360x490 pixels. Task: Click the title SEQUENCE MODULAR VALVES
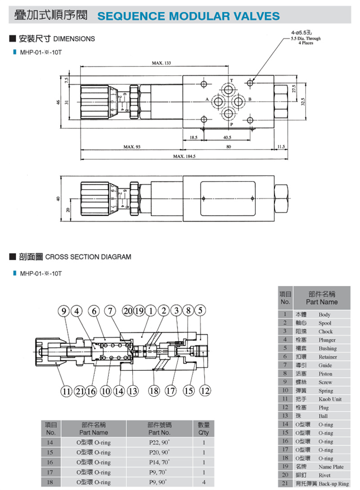pos(189,17)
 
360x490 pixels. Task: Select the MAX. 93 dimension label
pos(131,146)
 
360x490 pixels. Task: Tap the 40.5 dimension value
pos(227,137)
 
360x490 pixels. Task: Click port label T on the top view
pos(232,81)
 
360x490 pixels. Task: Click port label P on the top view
pos(232,124)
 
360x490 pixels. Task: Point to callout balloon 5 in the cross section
pos(200,310)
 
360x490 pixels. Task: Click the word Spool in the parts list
pos(325,323)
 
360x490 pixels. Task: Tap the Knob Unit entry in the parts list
pos(330,399)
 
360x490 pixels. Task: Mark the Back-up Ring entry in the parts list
pos(333,484)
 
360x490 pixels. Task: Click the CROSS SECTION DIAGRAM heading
pos(88,257)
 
